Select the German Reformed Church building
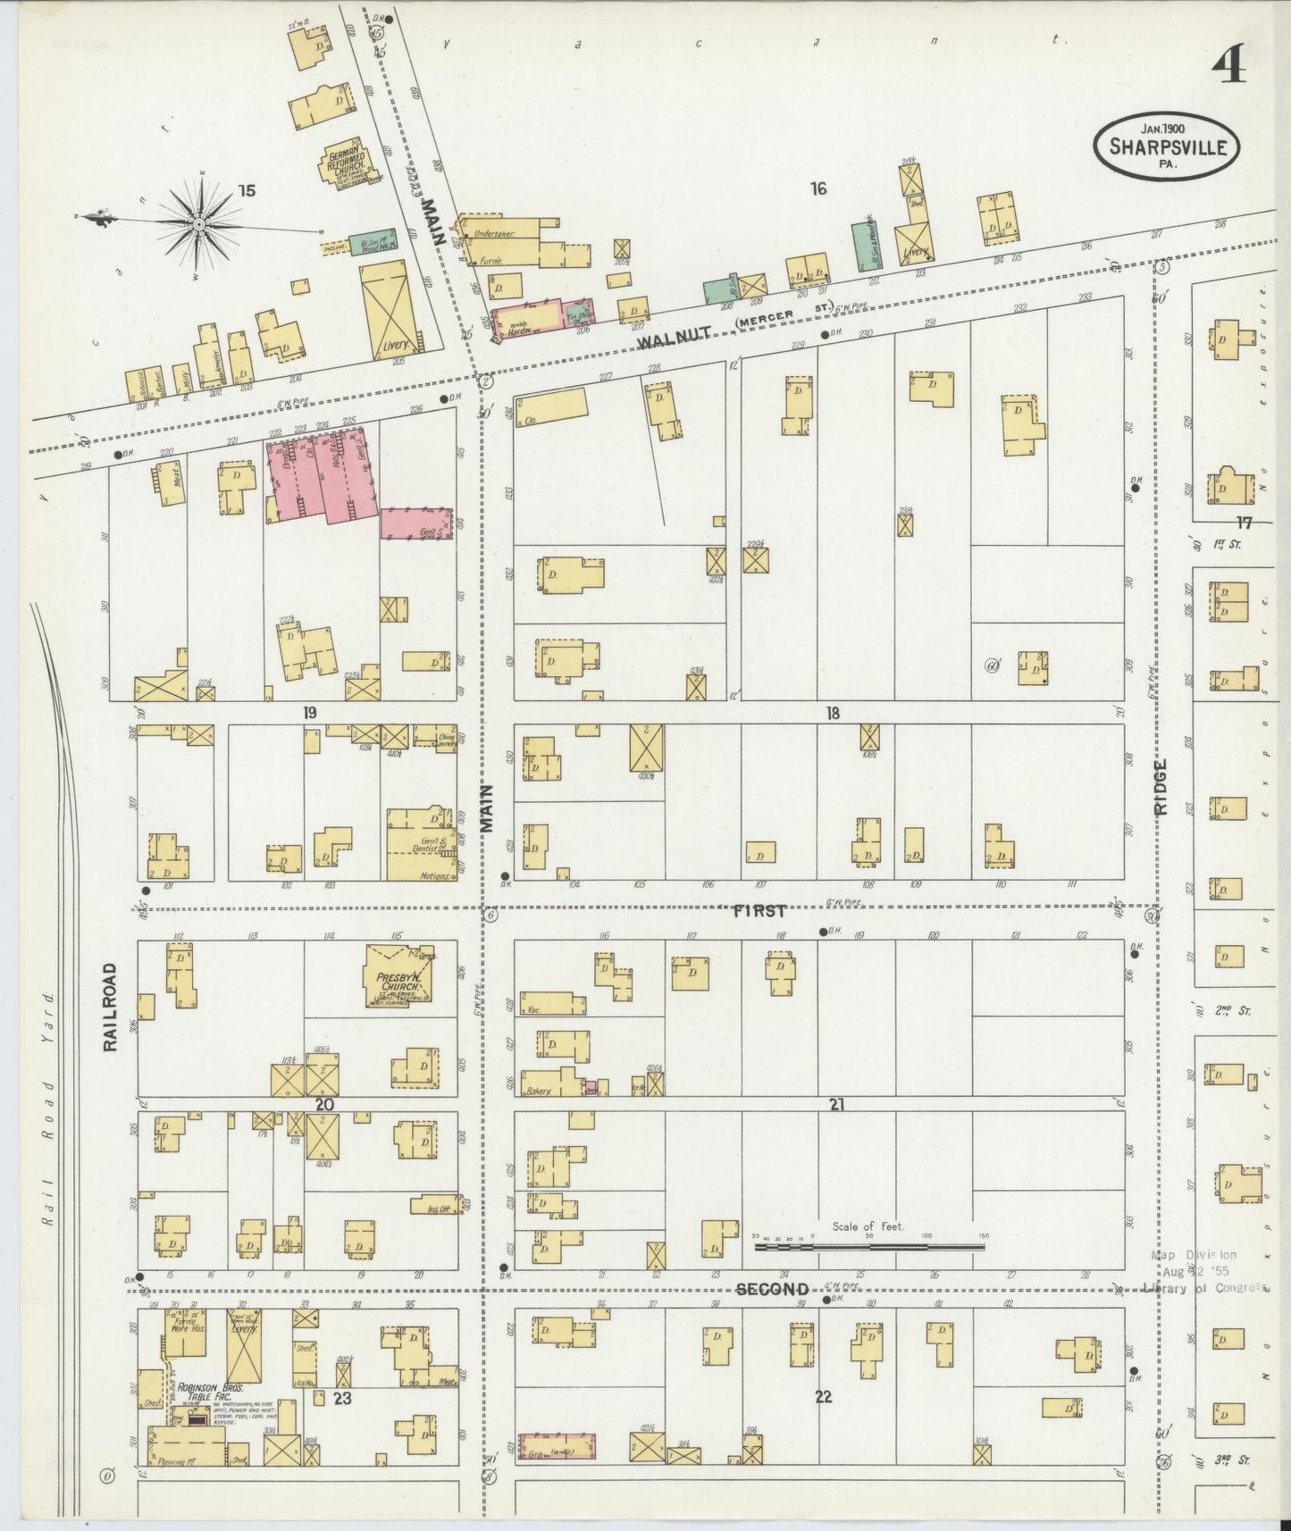346,166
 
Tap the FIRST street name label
759,911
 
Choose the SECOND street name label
772,1289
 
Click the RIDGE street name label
1161,787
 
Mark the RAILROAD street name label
111,1007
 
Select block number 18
833,713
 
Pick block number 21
836,1105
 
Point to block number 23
342,1398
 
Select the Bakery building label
539,1091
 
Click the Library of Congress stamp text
1205,1287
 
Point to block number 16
818,188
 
